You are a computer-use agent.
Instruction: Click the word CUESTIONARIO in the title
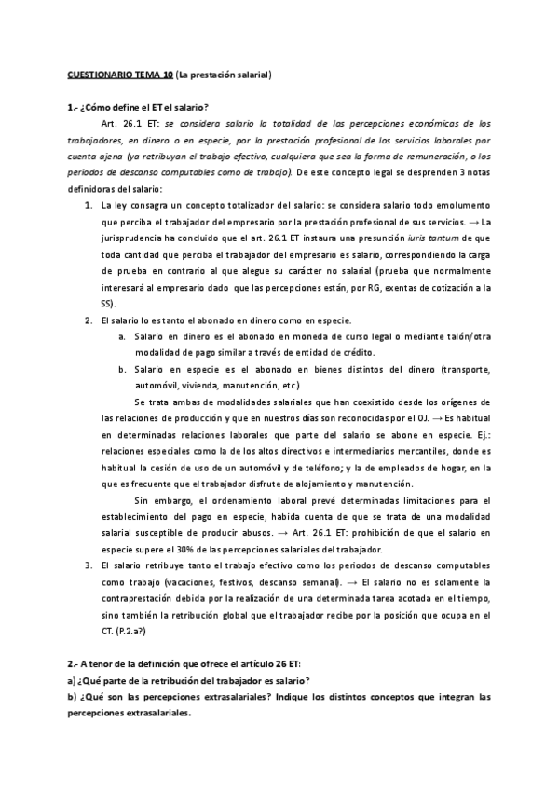98,74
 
